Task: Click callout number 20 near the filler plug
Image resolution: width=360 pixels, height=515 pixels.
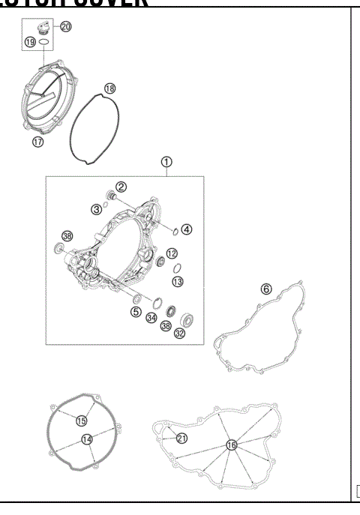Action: (65, 27)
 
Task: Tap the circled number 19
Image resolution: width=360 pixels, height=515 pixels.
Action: (31, 43)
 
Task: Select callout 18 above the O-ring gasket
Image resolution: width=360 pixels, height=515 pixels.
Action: (109, 88)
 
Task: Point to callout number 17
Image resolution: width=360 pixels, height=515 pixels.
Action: (38, 141)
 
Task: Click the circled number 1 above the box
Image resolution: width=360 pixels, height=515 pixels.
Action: (166, 161)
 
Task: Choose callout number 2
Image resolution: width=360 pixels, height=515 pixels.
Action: (121, 187)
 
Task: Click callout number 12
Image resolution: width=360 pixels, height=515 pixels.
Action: (172, 253)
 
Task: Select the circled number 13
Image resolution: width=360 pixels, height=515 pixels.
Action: (178, 282)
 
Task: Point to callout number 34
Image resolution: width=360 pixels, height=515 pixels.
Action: (152, 318)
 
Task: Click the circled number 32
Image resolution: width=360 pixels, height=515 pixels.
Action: (178, 334)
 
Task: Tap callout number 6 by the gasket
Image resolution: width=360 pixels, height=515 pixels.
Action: (265, 289)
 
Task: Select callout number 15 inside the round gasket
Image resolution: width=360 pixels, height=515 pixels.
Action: (82, 421)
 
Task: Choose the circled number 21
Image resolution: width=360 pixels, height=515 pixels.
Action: (181, 438)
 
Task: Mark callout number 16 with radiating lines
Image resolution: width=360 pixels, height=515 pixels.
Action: (232, 445)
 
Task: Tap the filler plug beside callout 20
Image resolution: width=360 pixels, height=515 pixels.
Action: (46, 28)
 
